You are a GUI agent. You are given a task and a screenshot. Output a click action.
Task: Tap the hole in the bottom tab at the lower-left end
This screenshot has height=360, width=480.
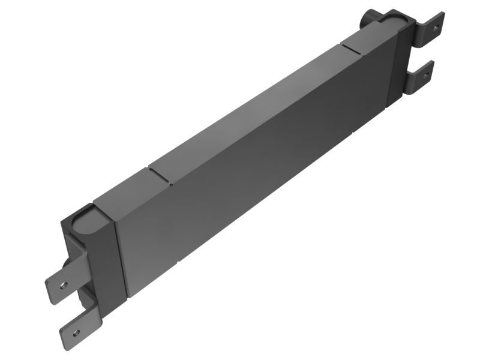pyautogui.click(x=75, y=332)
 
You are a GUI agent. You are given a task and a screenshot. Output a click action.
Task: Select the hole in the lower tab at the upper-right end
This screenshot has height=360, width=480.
pyautogui.click(x=425, y=76)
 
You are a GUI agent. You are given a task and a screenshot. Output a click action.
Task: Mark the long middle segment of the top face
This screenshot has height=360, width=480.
pyautogui.click(x=252, y=114)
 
